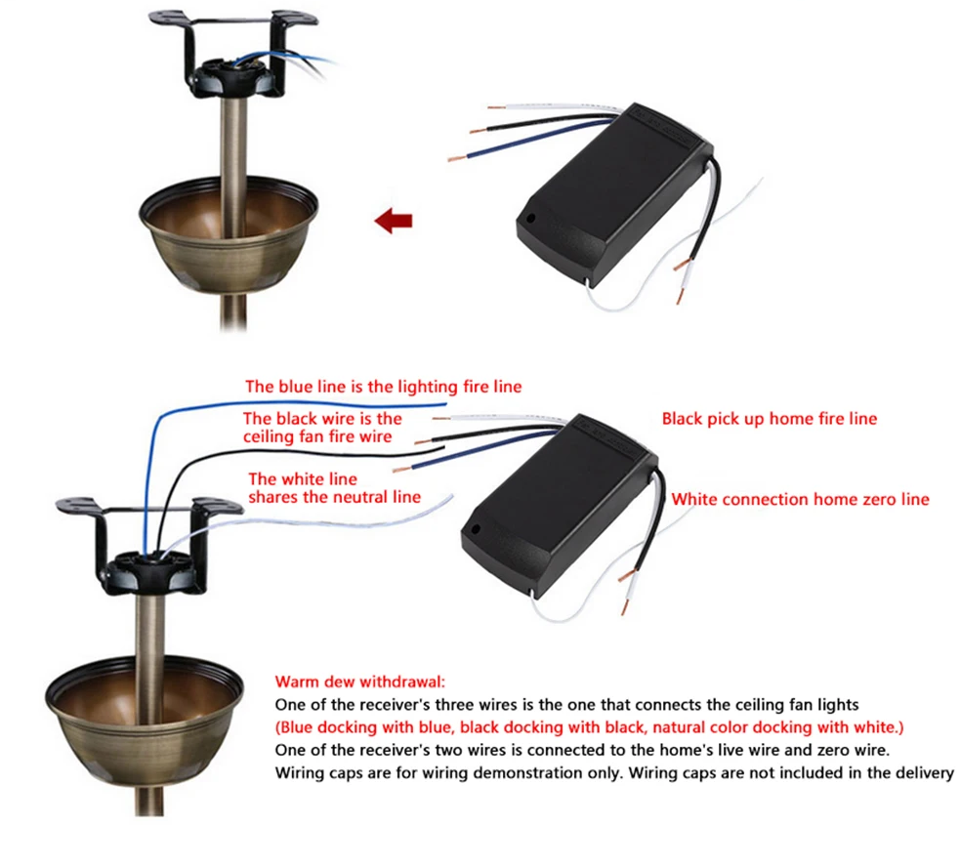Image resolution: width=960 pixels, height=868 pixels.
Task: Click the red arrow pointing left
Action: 393,221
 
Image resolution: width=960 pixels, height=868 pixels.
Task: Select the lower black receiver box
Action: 559,506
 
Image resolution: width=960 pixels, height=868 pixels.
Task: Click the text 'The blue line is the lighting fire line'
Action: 383,387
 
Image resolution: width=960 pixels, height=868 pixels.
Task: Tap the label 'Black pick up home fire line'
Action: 769,419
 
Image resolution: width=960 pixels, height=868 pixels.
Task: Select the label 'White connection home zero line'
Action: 800,500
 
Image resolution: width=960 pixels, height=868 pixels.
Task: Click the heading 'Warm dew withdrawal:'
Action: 360,682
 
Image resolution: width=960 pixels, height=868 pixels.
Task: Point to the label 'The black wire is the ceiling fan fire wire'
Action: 322,428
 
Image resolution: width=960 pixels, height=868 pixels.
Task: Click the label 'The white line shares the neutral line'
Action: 334,488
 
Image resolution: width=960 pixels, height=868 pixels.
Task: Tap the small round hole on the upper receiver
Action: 530,218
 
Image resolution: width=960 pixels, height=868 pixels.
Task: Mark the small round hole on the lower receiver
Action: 475,529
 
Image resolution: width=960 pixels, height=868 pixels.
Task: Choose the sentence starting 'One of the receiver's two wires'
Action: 582,751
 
